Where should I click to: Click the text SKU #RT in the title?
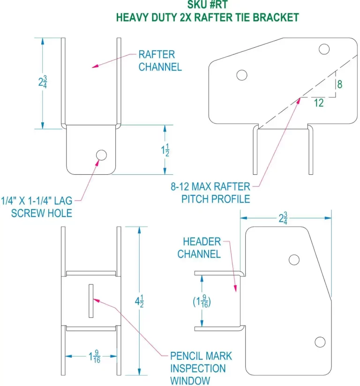tap(207, 5)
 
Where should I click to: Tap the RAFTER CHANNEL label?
tap(160, 61)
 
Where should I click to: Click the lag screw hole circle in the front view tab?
tap(101, 155)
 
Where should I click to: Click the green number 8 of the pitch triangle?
tap(339, 84)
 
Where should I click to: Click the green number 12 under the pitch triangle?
tap(318, 103)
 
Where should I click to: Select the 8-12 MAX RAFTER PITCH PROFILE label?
tap(210, 193)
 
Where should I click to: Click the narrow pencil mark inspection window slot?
tap(91, 300)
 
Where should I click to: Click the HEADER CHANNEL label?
tap(202, 248)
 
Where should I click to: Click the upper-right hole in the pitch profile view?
tap(324, 48)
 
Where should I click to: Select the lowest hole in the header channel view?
tap(320, 342)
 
